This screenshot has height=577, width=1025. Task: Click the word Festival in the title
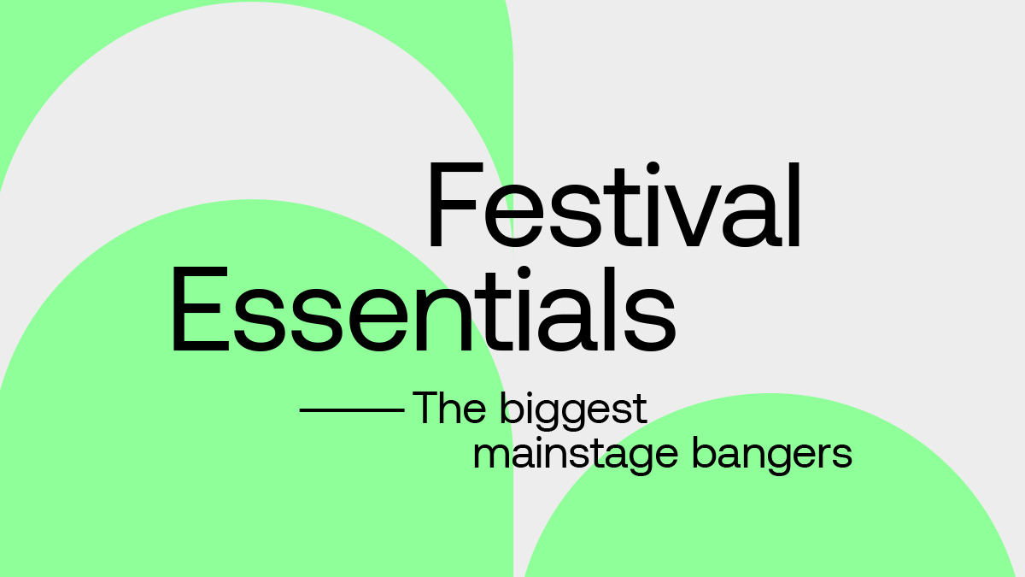pyautogui.click(x=613, y=204)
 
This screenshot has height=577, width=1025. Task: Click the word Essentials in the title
pyautogui.click(x=424, y=309)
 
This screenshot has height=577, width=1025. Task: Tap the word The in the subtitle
pyautogui.click(x=449, y=407)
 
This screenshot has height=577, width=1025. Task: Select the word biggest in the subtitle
pyautogui.click(x=573, y=411)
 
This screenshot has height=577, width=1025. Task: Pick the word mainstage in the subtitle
pyautogui.click(x=575, y=455)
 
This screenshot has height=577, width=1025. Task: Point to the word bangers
pyautogui.click(x=772, y=455)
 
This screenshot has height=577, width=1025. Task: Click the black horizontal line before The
pyautogui.click(x=352, y=410)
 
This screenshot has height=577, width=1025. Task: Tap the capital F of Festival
pyautogui.click(x=456, y=204)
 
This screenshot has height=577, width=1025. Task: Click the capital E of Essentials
pyautogui.click(x=200, y=309)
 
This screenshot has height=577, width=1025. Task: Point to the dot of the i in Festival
pyautogui.click(x=653, y=168)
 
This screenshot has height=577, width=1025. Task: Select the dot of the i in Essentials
pyautogui.click(x=524, y=273)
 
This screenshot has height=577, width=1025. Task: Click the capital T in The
pyautogui.click(x=427, y=408)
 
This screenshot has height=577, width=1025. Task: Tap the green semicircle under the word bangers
pyautogui.click(x=770, y=503)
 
